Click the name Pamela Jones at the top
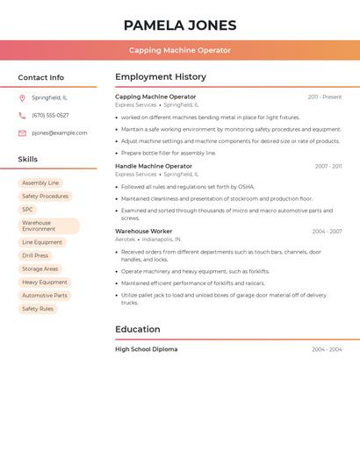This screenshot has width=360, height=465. [x=180, y=25]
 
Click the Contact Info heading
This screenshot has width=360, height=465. [x=40, y=77]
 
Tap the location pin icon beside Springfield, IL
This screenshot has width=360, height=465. [x=22, y=97]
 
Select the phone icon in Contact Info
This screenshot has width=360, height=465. [x=22, y=115]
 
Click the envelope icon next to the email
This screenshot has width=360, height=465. [x=22, y=133]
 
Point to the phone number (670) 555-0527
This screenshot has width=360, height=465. [x=50, y=115]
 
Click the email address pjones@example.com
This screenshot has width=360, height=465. [x=60, y=133]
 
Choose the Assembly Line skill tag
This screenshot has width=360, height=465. [x=40, y=183]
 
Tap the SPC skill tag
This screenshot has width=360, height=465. [x=28, y=210]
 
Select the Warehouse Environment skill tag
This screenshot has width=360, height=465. [x=48, y=226]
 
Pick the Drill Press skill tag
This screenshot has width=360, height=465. [x=35, y=255]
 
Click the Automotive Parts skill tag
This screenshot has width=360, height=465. [x=45, y=296]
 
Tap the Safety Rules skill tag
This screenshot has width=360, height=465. [x=38, y=309]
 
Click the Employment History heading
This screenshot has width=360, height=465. [x=161, y=77]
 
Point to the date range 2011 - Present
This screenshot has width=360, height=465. [x=325, y=97]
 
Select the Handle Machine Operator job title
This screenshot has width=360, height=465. [x=154, y=166]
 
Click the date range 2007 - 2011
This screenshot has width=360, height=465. [x=328, y=166]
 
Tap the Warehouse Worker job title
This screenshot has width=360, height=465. [x=144, y=232]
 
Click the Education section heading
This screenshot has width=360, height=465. [x=138, y=330]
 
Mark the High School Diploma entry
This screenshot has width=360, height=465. [x=147, y=349]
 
